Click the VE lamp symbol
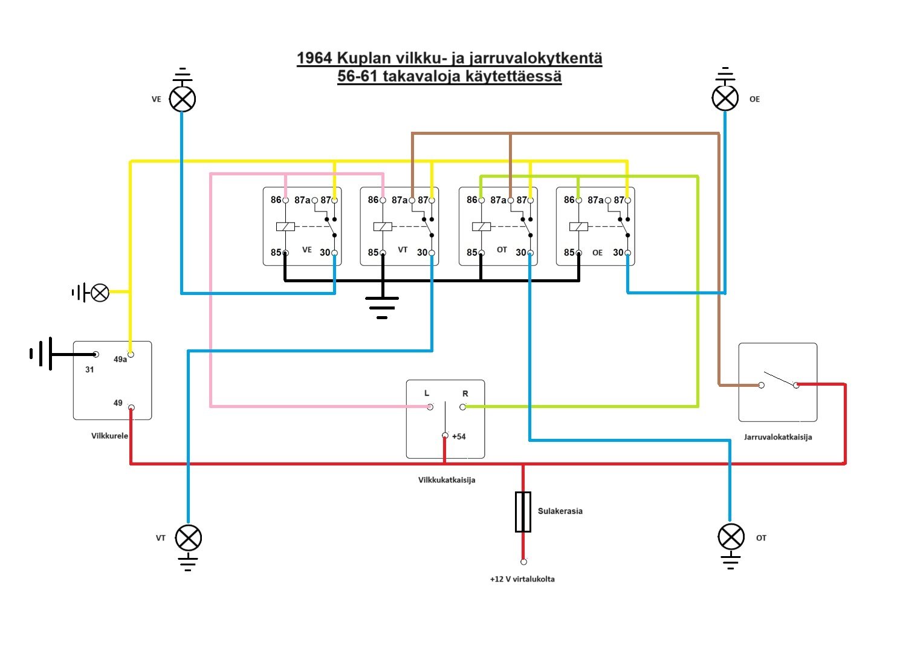coord(182,99)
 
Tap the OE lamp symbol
coord(725,97)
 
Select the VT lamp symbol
coord(188,537)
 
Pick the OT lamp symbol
coord(730,537)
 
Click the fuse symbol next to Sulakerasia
coord(523,511)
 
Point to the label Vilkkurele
coord(109,436)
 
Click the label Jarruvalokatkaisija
coord(777,437)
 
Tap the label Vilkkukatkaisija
coord(446,480)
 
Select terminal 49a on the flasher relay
coord(131,354)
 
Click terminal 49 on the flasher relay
coord(131,407)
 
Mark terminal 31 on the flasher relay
coord(96,355)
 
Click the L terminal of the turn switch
coord(430,407)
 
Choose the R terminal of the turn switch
coord(462,407)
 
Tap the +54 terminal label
coord(459,436)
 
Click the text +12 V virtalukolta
coord(522,579)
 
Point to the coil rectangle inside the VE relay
coord(285,227)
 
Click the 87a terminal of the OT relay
coord(510,200)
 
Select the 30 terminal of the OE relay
coord(627,253)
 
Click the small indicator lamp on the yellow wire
coord(100,293)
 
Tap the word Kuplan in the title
coord(364,59)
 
